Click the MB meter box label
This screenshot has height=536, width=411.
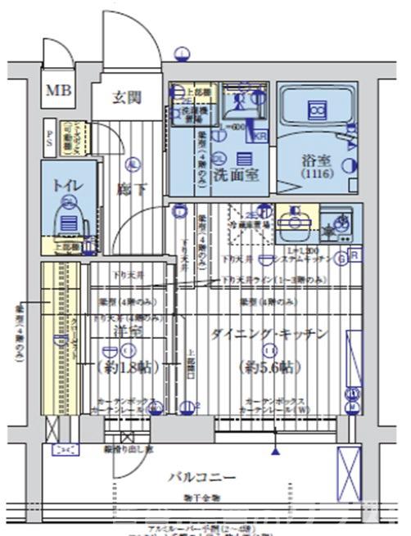57,90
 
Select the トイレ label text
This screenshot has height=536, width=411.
65,186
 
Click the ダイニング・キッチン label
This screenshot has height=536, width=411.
269,335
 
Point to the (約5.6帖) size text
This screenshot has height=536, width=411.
264,366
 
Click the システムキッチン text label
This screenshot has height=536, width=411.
313,259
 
